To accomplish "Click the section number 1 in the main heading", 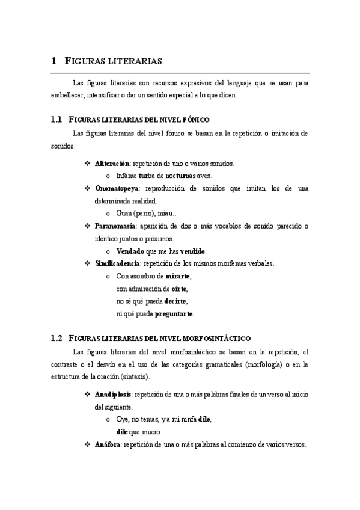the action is [54, 60].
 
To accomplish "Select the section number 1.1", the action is [57, 120].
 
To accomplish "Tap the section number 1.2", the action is [57, 339].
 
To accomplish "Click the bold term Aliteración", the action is [112, 164].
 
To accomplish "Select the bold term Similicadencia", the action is [117, 263].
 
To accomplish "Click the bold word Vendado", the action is [130, 251].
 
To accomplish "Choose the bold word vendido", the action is [192, 251].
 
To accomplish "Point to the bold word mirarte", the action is [178, 276].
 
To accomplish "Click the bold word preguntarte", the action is [174, 314].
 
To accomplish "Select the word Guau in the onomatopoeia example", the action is [124, 214].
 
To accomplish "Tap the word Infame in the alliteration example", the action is [126, 176].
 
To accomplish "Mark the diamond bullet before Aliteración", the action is [87, 164].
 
